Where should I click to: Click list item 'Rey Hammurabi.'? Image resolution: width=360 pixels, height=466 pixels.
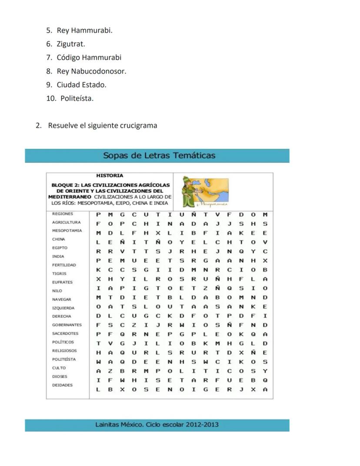point(84,30)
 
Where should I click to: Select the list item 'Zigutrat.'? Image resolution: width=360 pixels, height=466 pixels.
point(71,44)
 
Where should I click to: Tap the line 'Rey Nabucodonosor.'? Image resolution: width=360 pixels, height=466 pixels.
point(91,71)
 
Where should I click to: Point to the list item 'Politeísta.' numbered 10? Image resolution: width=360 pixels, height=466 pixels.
point(77,98)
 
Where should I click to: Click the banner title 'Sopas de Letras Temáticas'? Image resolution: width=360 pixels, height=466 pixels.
point(159,155)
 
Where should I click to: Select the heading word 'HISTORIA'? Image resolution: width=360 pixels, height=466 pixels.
point(110,176)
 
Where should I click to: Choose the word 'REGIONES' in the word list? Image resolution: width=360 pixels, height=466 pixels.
point(63,214)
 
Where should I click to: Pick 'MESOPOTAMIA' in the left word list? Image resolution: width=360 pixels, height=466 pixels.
point(67,231)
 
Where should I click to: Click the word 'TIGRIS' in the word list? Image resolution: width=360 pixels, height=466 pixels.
point(60,274)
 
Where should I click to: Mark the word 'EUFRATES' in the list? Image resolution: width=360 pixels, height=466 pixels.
point(62,282)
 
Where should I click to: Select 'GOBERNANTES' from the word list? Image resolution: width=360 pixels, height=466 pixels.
point(67,325)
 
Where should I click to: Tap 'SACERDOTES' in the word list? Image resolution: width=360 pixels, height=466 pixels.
point(65,334)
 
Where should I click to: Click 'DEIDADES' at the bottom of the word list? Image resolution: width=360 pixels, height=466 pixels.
point(62,385)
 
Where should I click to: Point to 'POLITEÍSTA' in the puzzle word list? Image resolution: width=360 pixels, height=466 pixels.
point(64,359)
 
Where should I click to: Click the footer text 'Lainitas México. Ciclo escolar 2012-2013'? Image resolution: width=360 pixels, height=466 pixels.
point(157,425)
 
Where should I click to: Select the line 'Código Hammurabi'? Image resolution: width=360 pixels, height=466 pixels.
point(89,57)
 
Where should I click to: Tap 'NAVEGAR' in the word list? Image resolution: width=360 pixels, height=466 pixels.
point(61,299)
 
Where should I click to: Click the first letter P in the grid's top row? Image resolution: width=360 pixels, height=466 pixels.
point(98,215)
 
